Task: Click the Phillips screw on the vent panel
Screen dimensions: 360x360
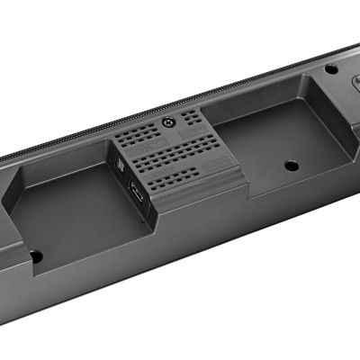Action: (167, 122)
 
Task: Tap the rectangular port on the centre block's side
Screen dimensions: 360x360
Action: (136, 193)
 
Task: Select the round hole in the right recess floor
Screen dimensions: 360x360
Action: (290, 166)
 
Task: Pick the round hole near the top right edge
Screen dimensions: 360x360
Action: (331, 68)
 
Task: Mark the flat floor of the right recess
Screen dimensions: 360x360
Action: (270, 166)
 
